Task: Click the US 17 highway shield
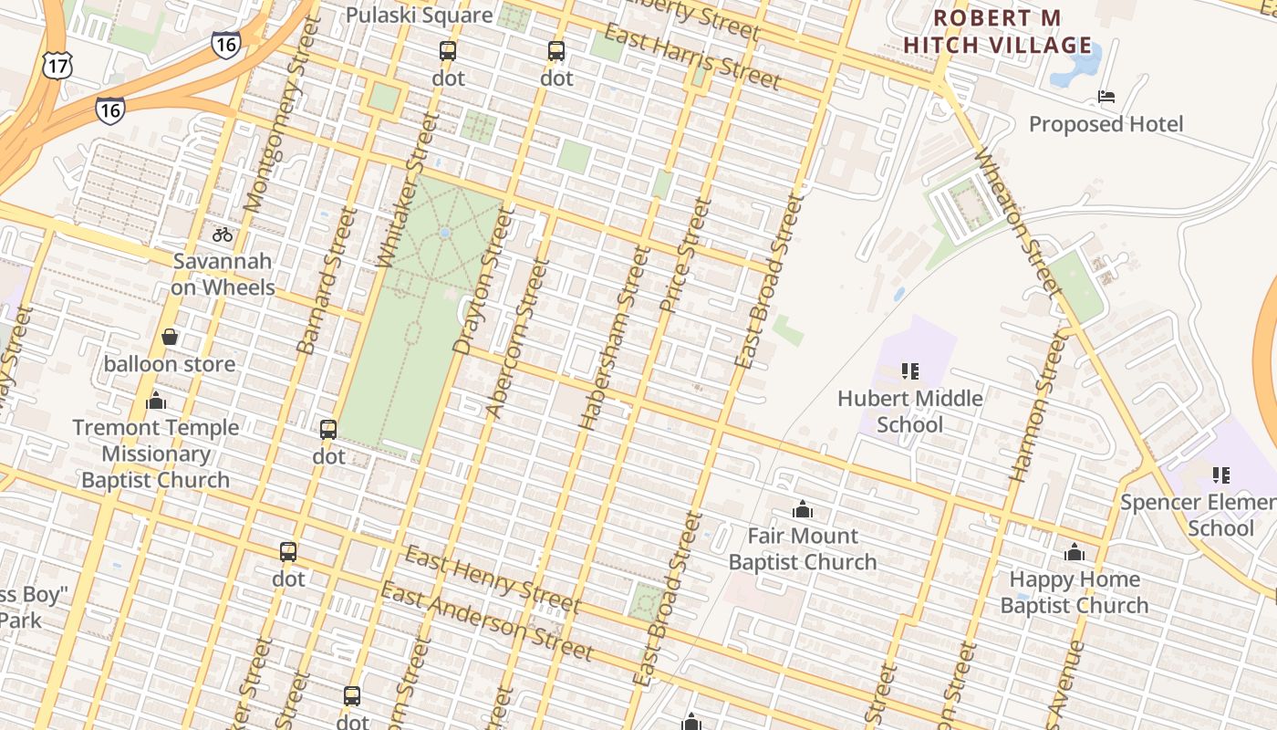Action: point(57,63)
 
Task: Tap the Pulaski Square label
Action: point(419,16)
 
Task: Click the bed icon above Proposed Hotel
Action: point(1106,96)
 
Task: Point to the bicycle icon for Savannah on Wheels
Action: point(223,235)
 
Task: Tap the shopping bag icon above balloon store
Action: point(170,337)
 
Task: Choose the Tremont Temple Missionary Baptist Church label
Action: point(156,454)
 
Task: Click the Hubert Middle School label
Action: point(909,412)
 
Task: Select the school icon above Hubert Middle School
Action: point(909,370)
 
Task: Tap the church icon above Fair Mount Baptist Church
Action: point(803,508)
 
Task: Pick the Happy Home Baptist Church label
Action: point(1074,592)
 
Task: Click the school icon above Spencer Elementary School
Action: point(1220,474)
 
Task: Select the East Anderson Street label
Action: point(487,621)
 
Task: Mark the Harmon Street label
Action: point(1039,406)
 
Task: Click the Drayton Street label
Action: point(479,280)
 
